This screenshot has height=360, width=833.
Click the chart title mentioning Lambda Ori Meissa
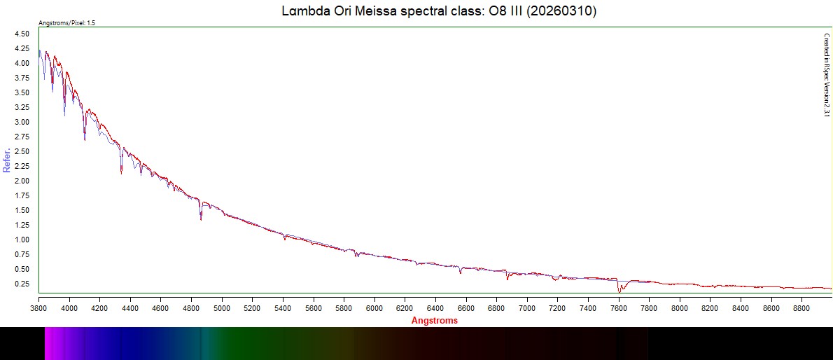click(438, 12)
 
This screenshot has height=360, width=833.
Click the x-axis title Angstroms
click(434, 320)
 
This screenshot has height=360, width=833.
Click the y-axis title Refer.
click(7, 160)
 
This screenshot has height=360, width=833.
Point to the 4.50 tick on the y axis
click(22, 34)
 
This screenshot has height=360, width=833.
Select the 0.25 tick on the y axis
click(22, 284)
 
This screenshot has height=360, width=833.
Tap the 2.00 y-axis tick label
click(22, 181)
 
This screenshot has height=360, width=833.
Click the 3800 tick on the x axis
click(38, 307)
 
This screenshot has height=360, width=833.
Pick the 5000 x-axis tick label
click(222, 307)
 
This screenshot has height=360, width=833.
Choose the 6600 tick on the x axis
click(466, 307)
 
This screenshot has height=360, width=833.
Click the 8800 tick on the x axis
click(802, 307)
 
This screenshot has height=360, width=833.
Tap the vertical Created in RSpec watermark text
click(826, 74)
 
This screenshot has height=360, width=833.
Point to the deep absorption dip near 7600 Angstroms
click(619, 289)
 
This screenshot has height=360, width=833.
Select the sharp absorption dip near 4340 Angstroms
click(122, 170)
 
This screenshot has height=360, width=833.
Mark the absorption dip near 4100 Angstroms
click(85, 137)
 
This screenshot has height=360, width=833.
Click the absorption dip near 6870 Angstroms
click(507, 278)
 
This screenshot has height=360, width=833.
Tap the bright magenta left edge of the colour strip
click(48, 343)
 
